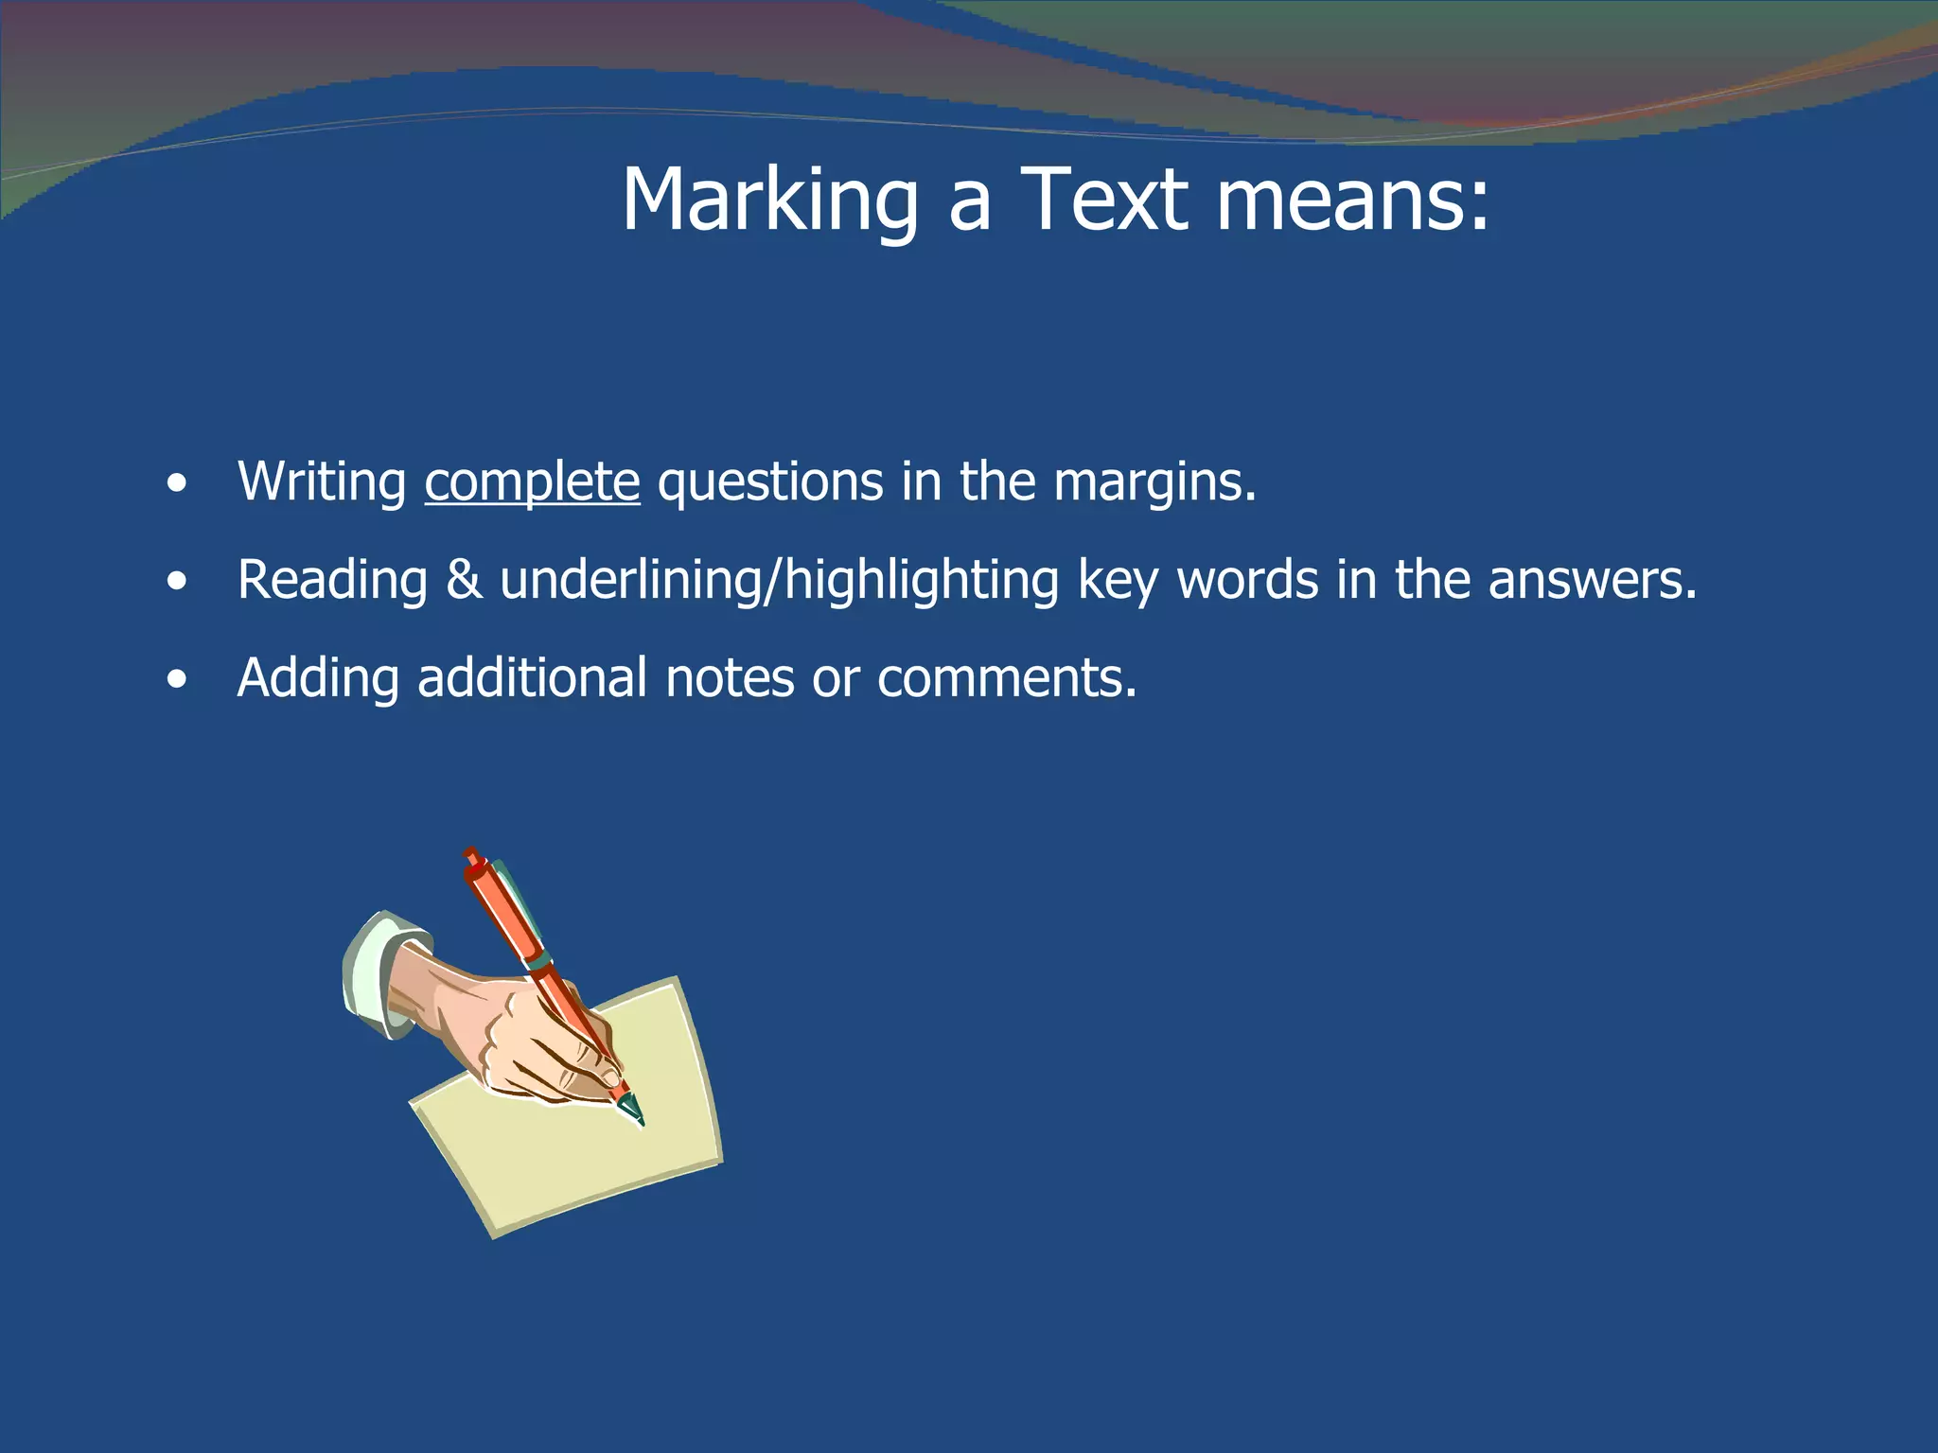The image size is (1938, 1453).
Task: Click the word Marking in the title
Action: click(x=769, y=200)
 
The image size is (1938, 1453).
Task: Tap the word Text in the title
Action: click(x=1104, y=200)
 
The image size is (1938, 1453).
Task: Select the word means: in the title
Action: click(x=1352, y=200)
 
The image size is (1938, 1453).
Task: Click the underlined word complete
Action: click(x=532, y=482)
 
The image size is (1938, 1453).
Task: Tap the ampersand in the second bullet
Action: click(x=464, y=579)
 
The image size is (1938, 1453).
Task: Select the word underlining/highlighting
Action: click(x=779, y=579)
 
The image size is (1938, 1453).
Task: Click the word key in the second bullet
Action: click(x=1118, y=581)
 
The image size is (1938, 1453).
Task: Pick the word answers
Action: click(x=1592, y=579)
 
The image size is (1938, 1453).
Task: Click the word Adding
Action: click(x=318, y=678)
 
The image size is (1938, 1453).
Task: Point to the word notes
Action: click(x=730, y=678)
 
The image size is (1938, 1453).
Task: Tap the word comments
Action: click(x=1006, y=678)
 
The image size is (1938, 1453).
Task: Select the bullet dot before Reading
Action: click(x=176, y=583)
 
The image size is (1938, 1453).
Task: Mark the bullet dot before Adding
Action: click(x=176, y=680)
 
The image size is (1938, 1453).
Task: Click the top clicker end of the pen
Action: click(x=471, y=857)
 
